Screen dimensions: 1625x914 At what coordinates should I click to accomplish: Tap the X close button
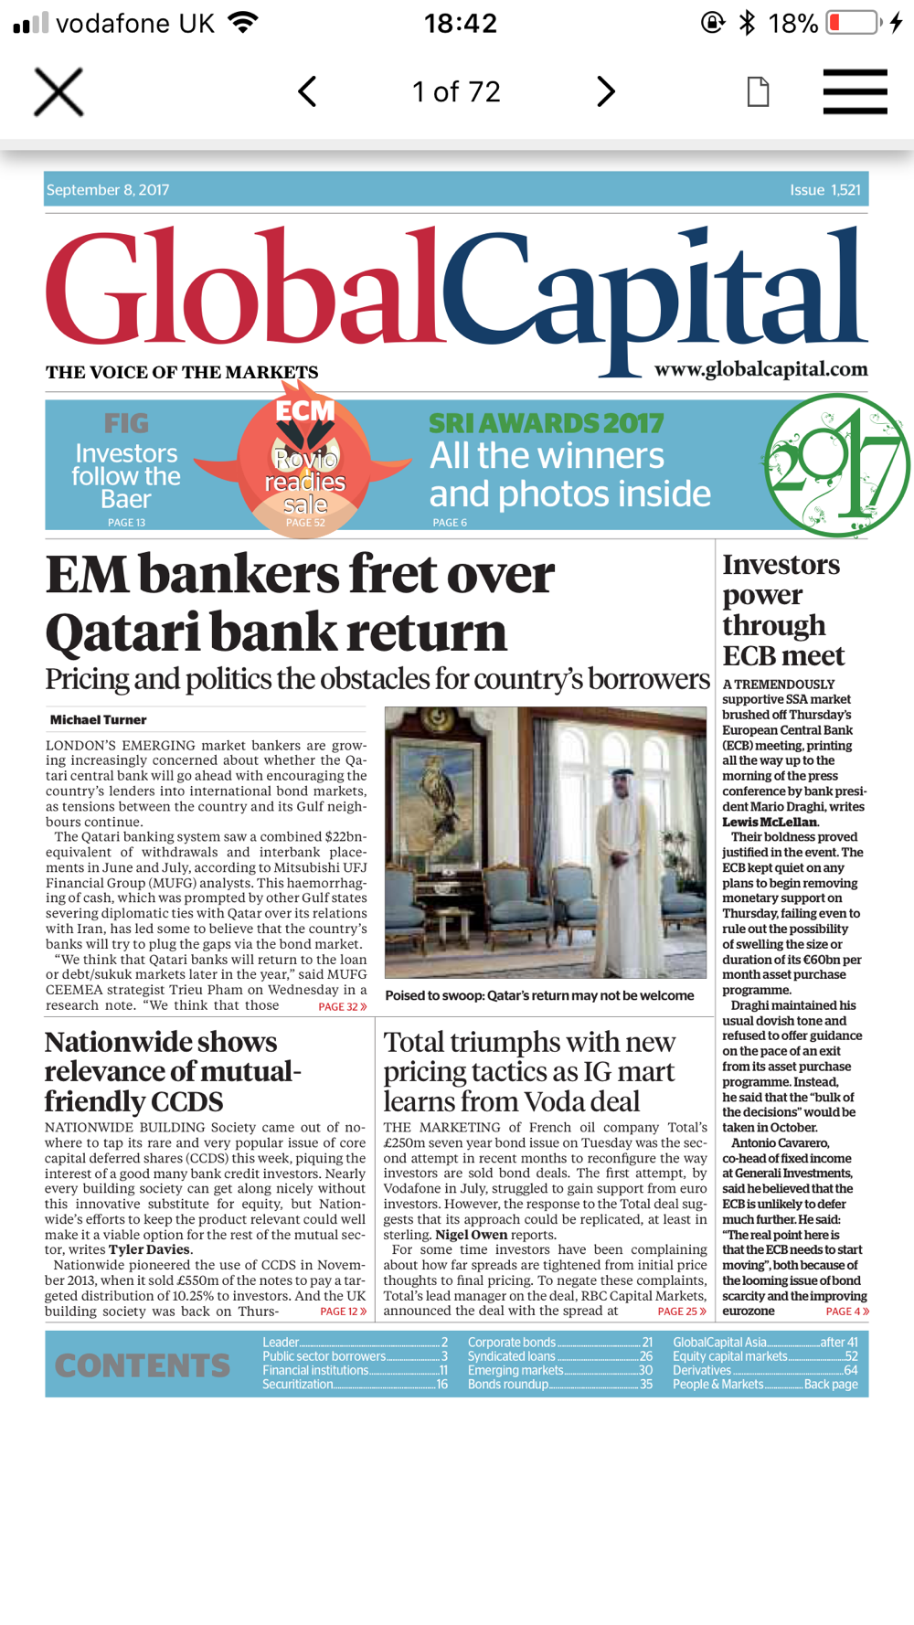(x=58, y=91)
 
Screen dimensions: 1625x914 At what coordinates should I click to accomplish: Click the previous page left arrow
(x=307, y=91)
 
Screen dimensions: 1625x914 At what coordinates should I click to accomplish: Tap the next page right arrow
(x=605, y=91)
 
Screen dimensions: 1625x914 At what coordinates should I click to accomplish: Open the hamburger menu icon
(x=855, y=91)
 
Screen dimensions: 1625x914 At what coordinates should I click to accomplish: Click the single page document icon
(x=758, y=91)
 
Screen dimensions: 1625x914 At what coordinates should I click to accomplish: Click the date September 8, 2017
(x=108, y=190)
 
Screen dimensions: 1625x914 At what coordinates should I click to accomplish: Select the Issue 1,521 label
(x=824, y=190)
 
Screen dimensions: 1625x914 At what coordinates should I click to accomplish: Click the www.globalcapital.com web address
(x=760, y=369)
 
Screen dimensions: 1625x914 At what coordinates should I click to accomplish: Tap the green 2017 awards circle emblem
(x=835, y=465)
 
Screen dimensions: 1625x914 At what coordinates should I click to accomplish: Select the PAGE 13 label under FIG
(x=126, y=523)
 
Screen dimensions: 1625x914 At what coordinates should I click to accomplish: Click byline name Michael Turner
(x=98, y=720)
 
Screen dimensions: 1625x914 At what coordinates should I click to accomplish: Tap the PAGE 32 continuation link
(x=342, y=1006)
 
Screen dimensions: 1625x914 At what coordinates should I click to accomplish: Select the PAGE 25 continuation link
(x=681, y=1312)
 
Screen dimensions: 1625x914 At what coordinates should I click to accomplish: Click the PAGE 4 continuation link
(x=846, y=1312)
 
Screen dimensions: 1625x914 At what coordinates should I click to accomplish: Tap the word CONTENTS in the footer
(x=143, y=1365)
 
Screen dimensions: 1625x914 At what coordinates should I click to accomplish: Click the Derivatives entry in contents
(x=702, y=1370)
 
